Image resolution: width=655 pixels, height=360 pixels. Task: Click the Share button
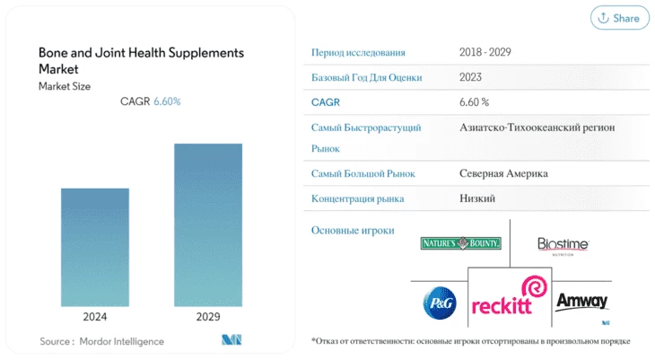click(620, 18)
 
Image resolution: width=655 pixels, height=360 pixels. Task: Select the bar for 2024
click(95, 247)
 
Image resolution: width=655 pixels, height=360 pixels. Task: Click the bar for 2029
click(208, 225)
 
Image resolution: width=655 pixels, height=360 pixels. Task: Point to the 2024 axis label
click(95, 317)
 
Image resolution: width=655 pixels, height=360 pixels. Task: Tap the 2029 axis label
click(208, 317)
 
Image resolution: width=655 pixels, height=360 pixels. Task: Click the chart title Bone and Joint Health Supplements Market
click(141, 61)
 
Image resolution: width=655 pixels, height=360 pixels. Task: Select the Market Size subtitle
click(65, 86)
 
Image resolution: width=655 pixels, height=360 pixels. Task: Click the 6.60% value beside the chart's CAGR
click(167, 101)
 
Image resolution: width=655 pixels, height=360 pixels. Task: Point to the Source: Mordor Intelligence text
click(102, 341)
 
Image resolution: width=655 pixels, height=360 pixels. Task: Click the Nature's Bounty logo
click(461, 243)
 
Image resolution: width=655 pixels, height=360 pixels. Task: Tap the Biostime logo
click(563, 246)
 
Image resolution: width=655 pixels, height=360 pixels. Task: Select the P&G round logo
click(440, 303)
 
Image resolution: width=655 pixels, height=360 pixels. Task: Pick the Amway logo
click(582, 301)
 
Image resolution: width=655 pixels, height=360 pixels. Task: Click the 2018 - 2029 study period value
click(485, 52)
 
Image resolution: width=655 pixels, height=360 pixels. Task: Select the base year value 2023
click(470, 77)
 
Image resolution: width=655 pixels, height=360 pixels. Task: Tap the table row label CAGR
click(326, 102)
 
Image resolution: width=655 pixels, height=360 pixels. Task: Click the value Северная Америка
click(503, 173)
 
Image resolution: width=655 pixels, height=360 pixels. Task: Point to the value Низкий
click(477, 198)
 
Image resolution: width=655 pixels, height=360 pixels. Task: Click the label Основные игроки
click(353, 231)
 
